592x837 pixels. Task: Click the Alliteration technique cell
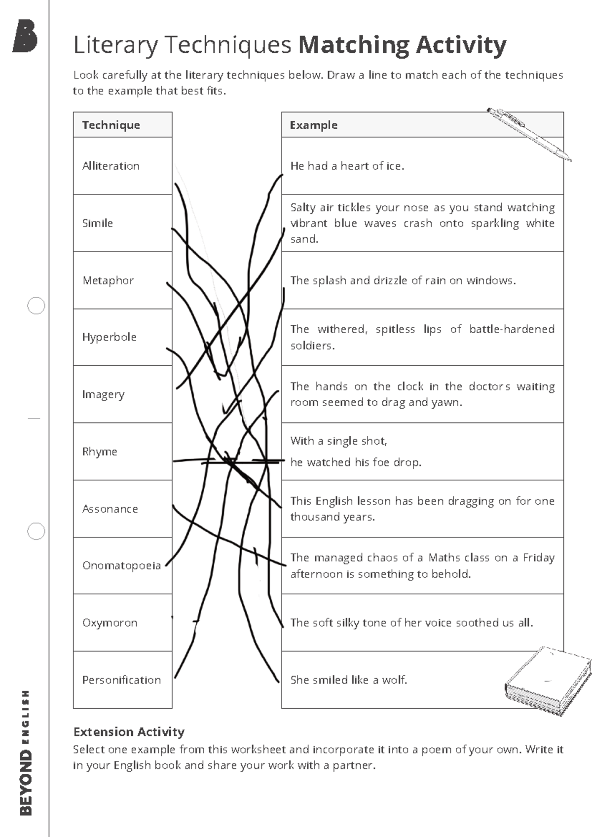tap(111, 166)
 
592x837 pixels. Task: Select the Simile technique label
tap(98, 223)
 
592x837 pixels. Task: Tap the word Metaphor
tap(108, 280)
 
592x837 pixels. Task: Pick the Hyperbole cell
tap(109, 337)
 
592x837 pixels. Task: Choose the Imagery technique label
tap(103, 394)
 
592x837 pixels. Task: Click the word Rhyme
tap(100, 452)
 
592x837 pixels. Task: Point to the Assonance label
tap(110, 509)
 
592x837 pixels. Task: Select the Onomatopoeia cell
tap(121, 566)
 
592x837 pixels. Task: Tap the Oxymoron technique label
tap(110, 623)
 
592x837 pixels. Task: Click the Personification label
tap(121, 680)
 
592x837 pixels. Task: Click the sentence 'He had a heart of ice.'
tap(347, 166)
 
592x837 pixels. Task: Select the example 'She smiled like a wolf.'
tap(349, 680)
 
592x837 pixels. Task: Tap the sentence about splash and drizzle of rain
tap(403, 280)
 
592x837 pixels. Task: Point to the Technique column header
tap(111, 125)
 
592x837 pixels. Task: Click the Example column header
tap(314, 125)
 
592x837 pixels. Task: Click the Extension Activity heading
tap(129, 731)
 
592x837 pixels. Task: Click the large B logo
tap(25, 36)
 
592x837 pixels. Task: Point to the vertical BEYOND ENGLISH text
tap(26, 752)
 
